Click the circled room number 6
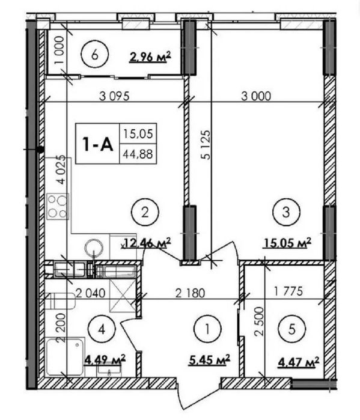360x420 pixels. coord(95,56)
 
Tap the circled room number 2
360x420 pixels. coord(145,212)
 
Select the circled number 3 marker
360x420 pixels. coord(286,212)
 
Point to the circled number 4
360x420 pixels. coord(102,329)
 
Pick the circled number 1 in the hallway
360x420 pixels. coord(207,329)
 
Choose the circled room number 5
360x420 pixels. coord(292,329)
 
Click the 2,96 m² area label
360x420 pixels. coord(150,57)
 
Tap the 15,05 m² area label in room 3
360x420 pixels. coord(288,243)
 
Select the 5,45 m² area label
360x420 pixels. coord(210,361)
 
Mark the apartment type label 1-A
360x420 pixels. coord(98,144)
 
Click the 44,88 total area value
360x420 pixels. coord(138,154)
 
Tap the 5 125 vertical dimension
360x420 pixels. coord(206,145)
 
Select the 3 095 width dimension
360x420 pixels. coord(114,96)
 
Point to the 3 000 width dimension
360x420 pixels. coord(256,96)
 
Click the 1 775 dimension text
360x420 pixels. coord(288,291)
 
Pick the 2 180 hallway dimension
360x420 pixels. coord(190,293)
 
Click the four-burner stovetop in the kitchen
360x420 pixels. coord(58,206)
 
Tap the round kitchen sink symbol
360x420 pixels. coord(94,248)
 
